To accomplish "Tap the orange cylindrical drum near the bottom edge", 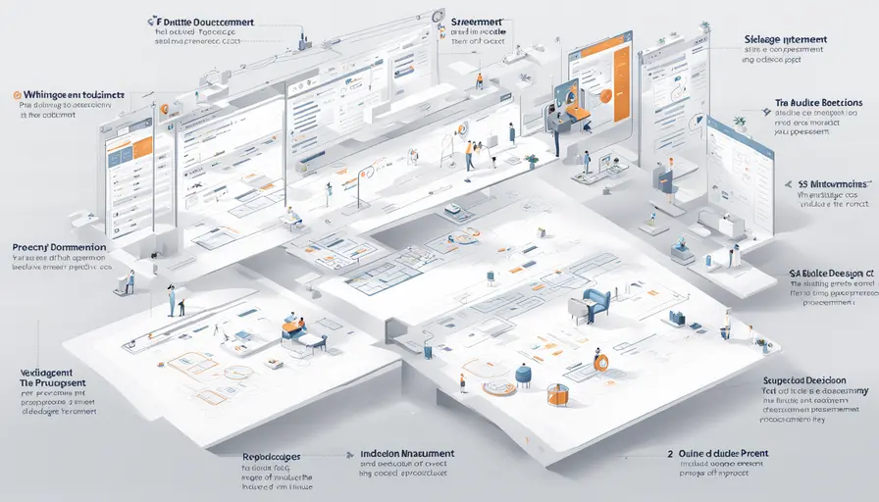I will [558, 394].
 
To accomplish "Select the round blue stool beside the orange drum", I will [524, 375].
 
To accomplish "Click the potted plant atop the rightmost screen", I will [739, 121].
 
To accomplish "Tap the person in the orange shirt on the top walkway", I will [479, 80].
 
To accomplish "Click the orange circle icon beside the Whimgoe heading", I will [18, 95].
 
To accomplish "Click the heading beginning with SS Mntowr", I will [829, 183].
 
